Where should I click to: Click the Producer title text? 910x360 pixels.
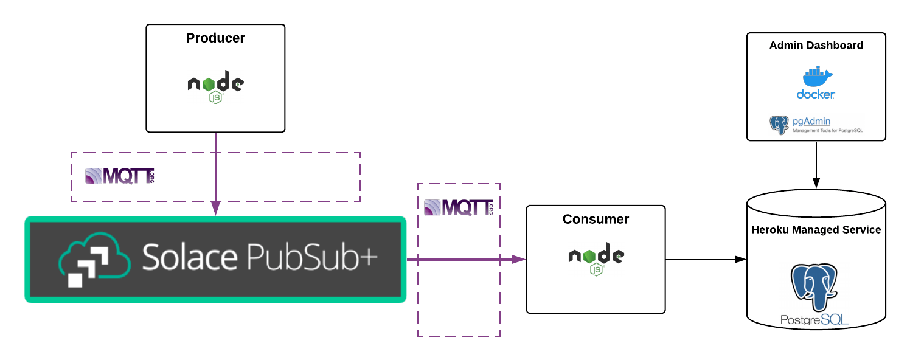[215, 38]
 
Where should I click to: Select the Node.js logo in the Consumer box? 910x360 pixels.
[596, 260]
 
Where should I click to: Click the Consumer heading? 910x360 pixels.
[596, 219]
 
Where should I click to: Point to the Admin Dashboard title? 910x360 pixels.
[816, 46]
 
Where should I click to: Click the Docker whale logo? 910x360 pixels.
[816, 78]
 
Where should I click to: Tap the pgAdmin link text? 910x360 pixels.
[811, 122]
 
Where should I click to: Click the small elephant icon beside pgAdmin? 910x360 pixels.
[779, 124]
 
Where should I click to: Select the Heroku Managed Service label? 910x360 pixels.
[816, 230]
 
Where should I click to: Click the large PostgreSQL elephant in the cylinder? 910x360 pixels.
[815, 286]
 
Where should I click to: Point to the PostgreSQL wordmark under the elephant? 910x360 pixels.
[815, 320]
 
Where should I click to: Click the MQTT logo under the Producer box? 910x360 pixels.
[120, 176]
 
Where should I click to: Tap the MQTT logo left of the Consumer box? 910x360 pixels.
[458, 207]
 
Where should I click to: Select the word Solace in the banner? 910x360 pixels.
[189, 258]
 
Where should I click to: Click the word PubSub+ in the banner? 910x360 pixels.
[311, 258]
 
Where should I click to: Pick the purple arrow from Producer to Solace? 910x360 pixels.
[215, 170]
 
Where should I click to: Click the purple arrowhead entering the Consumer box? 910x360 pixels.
[519, 260]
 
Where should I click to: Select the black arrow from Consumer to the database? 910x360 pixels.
[706, 260]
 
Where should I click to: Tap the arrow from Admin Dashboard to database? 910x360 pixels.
[816, 164]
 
